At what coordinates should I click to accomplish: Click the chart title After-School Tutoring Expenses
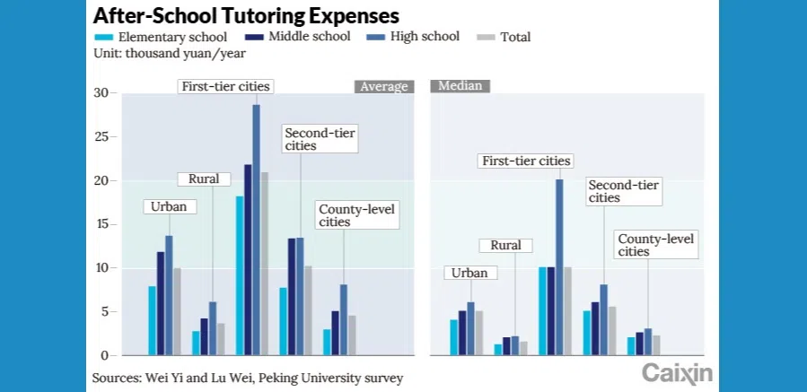coord(246,16)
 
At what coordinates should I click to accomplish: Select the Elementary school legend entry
coord(161,37)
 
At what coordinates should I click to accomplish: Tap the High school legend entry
coord(414,37)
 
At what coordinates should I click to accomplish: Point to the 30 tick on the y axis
coord(101,93)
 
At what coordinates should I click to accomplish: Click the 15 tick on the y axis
coord(101,224)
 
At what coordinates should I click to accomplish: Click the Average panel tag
coord(383,87)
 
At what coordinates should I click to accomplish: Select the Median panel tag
coord(461,86)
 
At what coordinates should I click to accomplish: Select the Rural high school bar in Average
coord(213,328)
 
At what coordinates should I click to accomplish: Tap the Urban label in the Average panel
coord(169,206)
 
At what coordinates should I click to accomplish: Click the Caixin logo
coord(677,373)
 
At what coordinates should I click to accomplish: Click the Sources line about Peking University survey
coord(247,378)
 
